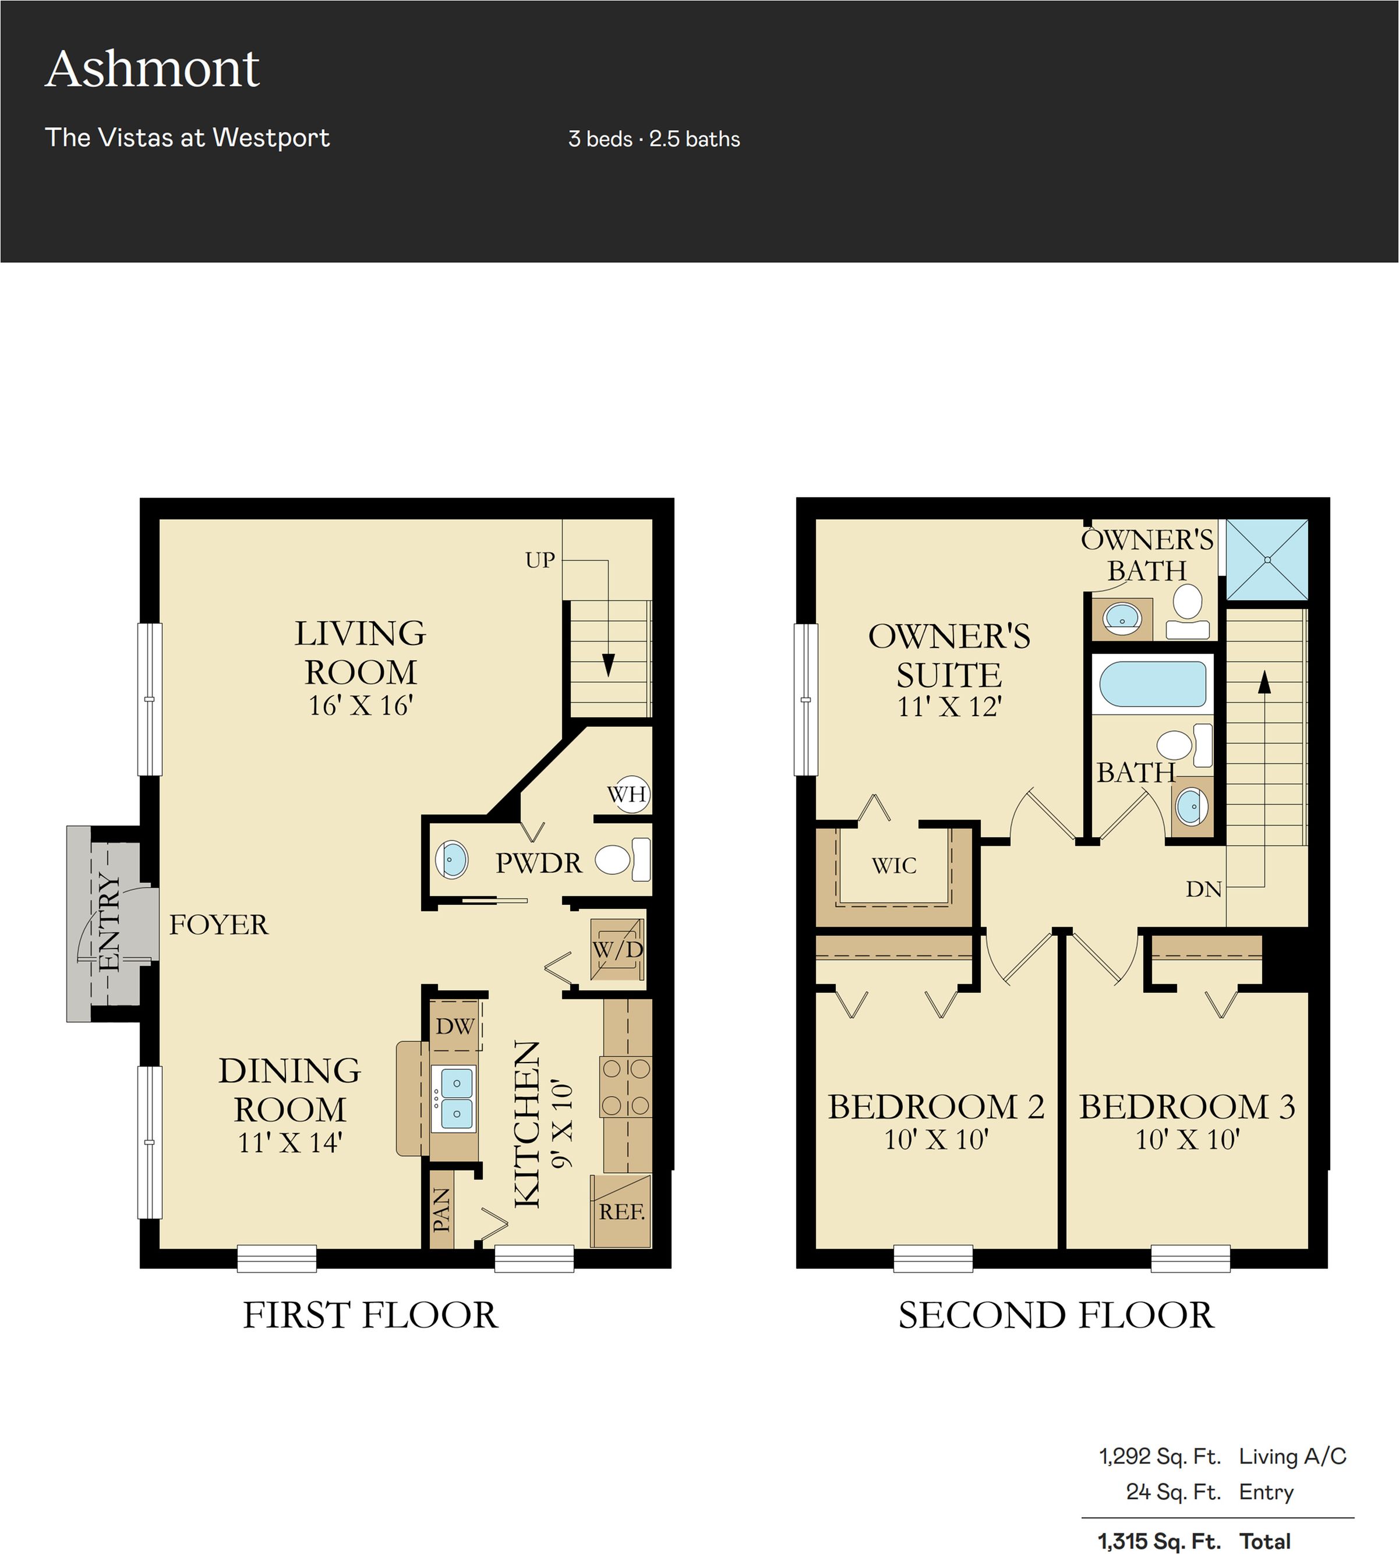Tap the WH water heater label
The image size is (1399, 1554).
[627, 794]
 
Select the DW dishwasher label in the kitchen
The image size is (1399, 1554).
[454, 1026]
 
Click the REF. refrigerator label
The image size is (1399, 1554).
[622, 1212]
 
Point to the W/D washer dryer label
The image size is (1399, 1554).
[617, 949]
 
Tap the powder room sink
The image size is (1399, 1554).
[451, 859]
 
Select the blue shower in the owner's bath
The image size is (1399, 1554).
[1267, 560]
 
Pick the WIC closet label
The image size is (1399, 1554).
[894, 865]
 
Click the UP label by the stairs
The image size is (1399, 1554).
[539, 560]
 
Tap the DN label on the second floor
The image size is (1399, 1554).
[1204, 889]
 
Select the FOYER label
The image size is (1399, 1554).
[219, 925]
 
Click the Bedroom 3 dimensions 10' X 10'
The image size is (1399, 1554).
[1188, 1139]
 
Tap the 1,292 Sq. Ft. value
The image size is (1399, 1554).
[1160, 1456]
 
